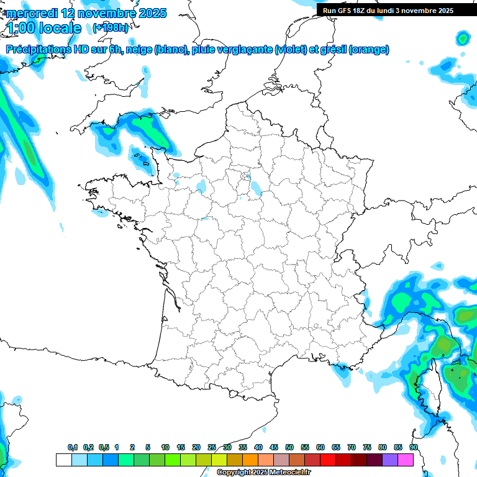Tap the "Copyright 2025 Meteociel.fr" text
[x=263, y=472]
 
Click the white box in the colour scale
[x=63, y=460]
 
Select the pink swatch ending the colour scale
[x=406, y=460]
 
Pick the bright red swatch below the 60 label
[x=328, y=460]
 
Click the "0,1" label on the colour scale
[x=72, y=447]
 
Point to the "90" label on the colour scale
[x=413, y=447]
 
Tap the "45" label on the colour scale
[x=274, y=447]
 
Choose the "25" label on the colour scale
[x=212, y=447]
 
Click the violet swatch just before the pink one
[x=390, y=460]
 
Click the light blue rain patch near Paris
[x=255, y=186]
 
